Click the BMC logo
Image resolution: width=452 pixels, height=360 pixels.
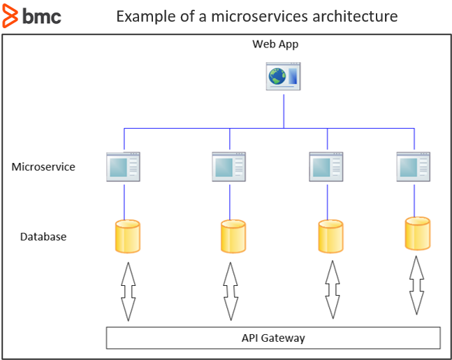click(32, 15)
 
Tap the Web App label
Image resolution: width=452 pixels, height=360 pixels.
click(275, 44)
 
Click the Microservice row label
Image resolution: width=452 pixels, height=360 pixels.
click(43, 167)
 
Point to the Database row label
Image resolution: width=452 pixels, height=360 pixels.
click(43, 236)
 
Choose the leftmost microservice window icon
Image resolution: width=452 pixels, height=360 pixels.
click(124, 167)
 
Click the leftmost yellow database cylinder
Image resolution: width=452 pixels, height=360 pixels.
click(127, 236)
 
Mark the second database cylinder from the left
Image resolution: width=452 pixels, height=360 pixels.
click(233, 236)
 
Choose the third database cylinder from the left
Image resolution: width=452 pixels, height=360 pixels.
click(330, 236)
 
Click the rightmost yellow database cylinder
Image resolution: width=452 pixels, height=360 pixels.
click(417, 233)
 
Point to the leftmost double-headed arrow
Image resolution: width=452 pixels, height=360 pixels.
click(128, 291)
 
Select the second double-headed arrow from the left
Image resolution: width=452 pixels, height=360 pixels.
click(231, 291)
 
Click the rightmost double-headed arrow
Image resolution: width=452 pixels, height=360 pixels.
click(417, 285)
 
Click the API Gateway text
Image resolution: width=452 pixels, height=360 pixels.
click(273, 338)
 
